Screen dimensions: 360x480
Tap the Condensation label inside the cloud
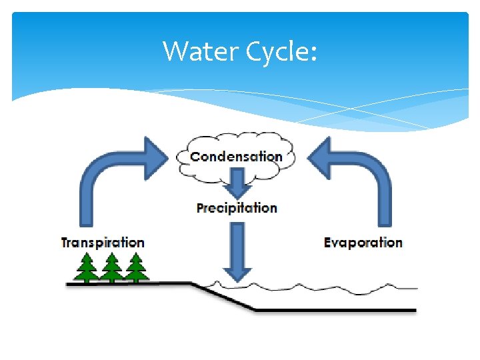(236, 157)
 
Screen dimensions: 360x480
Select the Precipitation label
(237, 207)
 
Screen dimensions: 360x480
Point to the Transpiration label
(103, 242)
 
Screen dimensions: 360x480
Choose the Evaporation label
(363, 242)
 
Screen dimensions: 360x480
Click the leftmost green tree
(86, 267)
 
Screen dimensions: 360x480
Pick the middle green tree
(111, 267)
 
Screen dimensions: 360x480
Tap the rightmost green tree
(135, 267)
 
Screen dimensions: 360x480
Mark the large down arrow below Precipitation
(237, 251)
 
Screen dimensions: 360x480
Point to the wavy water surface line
(320, 287)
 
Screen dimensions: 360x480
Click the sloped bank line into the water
(223, 297)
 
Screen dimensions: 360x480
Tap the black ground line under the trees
(127, 284)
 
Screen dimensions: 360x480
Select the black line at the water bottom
(333, 310)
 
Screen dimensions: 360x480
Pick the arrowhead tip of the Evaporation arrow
(308, 157)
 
